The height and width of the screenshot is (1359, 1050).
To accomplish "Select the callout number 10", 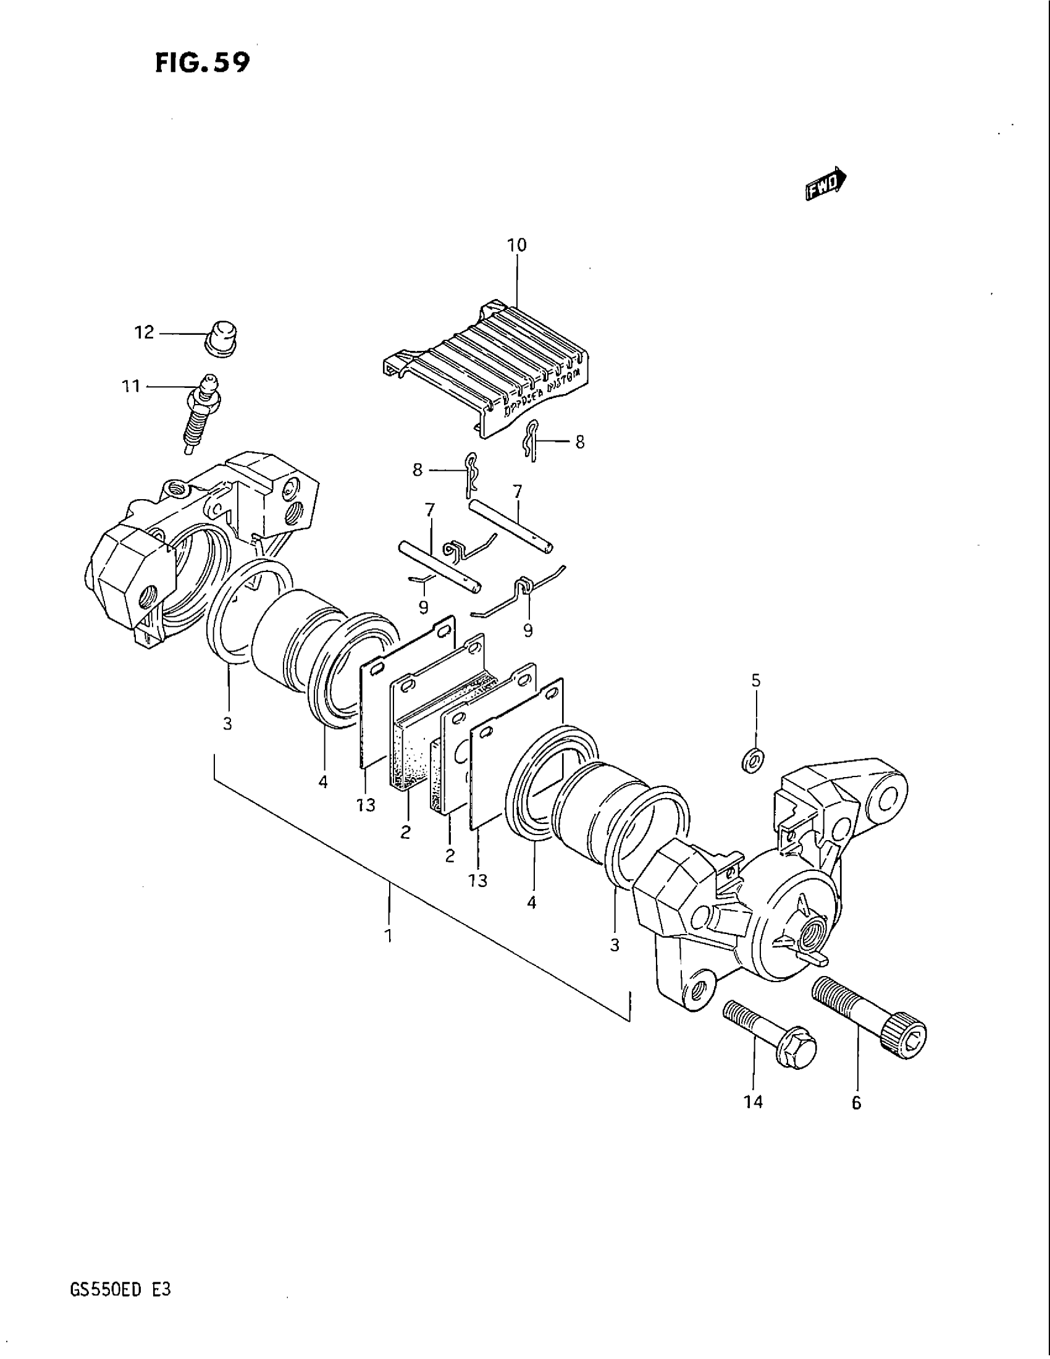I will click(x=516, y=245).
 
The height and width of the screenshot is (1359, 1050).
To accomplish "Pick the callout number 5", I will click(x=756, y=681).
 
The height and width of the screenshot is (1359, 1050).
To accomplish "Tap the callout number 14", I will click(x=753, y=1103).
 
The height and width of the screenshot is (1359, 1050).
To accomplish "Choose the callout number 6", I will click(x=856, y=1103).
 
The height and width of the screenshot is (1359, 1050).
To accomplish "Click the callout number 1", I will click(x=388, y=953).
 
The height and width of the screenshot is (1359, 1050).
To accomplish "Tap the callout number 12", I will click(x=144, y=333).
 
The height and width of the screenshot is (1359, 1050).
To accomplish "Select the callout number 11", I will click(x=130, y=387).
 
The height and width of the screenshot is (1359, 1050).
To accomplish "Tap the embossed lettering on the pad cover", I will click(x=537, y=392).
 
